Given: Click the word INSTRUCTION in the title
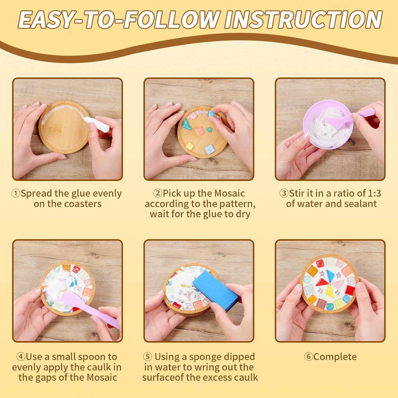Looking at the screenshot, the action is [303, 20].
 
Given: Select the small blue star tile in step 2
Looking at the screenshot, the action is [209, 130].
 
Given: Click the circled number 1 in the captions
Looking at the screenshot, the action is [16, 193].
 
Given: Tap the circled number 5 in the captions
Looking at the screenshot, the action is [148, 357].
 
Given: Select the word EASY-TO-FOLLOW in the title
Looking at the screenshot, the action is [118, 20].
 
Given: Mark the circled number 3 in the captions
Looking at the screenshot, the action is [284, 193].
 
